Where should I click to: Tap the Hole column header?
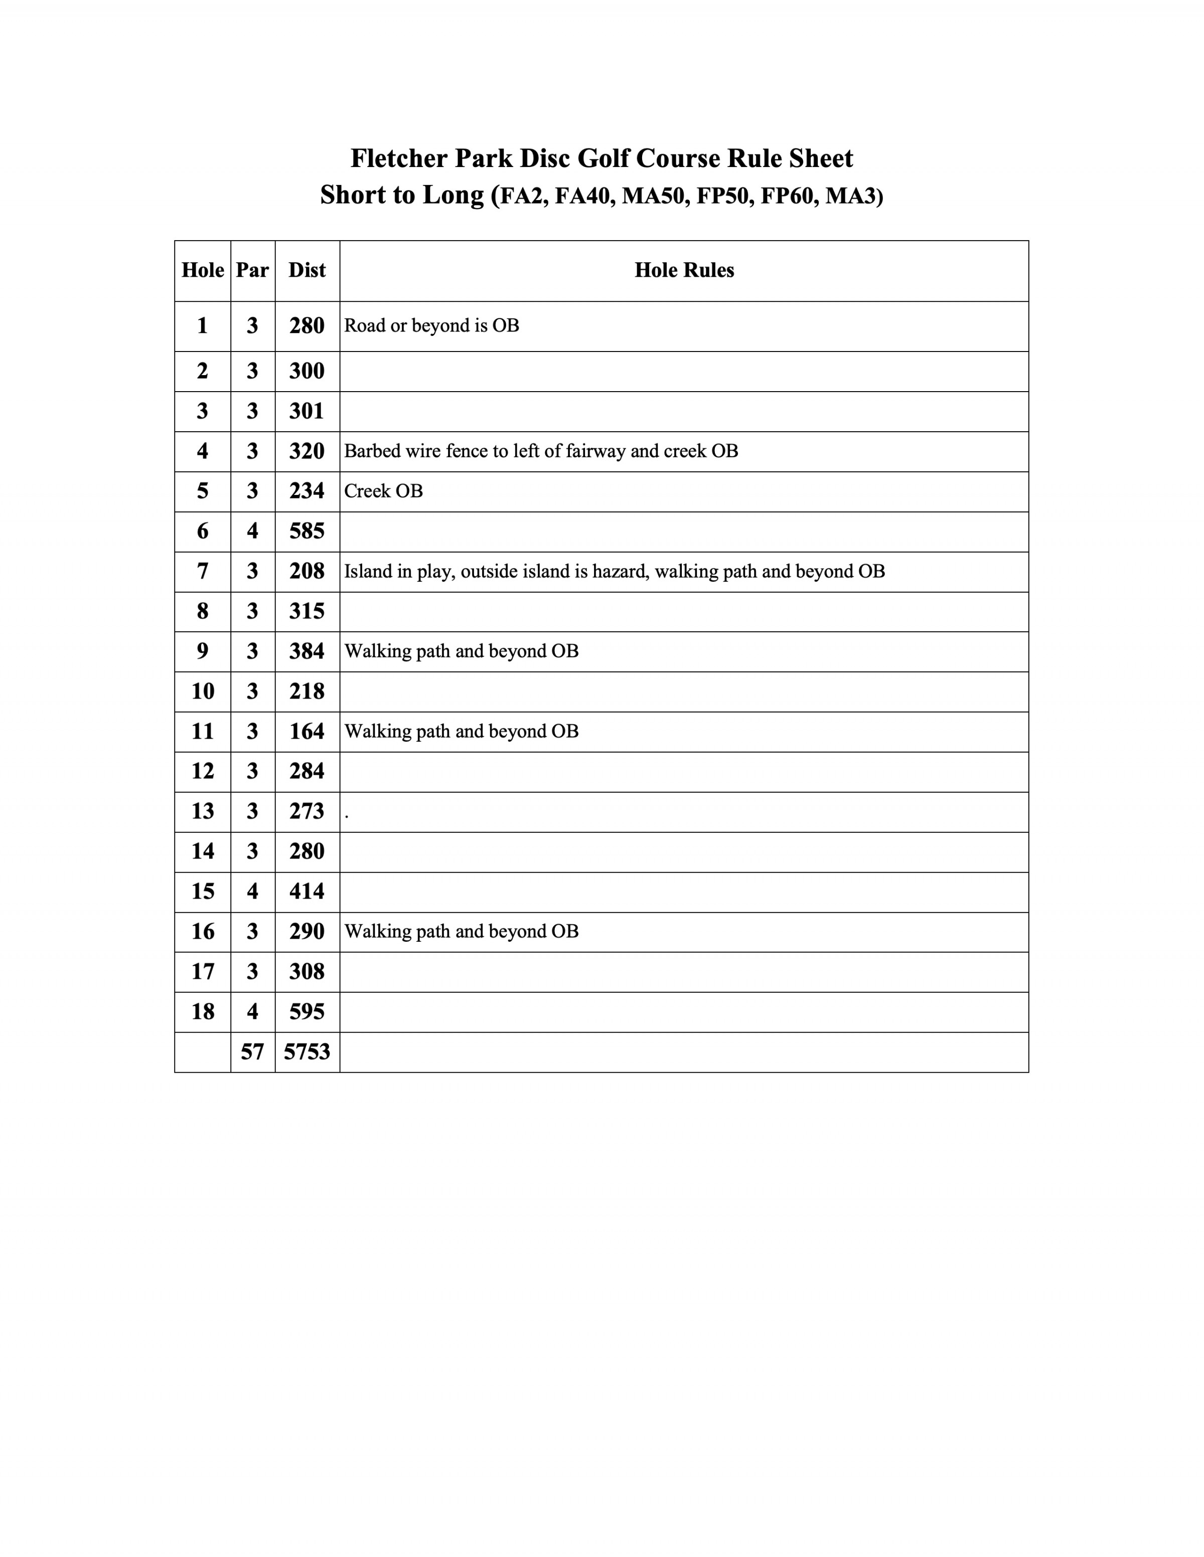(203, 270)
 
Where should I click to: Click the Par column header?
(252, 270)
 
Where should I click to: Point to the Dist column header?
(307, 270)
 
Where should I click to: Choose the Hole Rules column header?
(684, 270)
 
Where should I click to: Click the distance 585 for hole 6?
(307, 531)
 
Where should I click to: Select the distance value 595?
(307, 1011)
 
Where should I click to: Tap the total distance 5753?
(307, 1052)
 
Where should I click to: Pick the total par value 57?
(252, 1052)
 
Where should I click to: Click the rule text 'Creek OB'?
(384, 491)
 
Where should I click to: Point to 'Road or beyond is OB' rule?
(431, 326)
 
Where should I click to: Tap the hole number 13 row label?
(203, 811)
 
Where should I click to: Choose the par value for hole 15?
(252, 891)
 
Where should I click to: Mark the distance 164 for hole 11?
(307, 732)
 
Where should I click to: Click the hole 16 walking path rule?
(462, 932)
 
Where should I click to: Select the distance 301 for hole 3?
(307, 411)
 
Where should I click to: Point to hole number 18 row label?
(203, 1011)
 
